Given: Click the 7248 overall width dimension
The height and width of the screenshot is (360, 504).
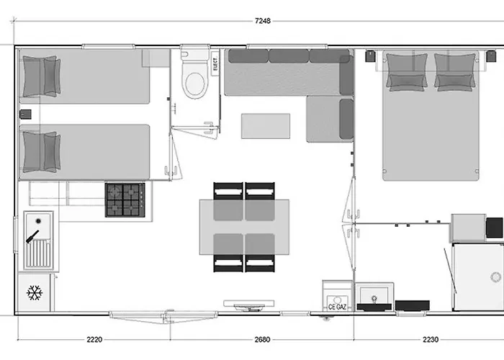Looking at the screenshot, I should tap(262, 21).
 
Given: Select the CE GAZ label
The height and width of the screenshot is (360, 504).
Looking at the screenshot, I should tap(336, 307).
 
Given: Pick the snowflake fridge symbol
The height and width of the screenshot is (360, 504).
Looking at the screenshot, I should tap(34, 293).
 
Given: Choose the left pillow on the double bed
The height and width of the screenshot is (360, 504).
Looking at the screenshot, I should tap(406, 73).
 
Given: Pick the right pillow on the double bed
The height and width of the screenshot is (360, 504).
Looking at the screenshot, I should tap(455, 73).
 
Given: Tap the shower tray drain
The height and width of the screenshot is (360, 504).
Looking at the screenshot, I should tap(496, 277).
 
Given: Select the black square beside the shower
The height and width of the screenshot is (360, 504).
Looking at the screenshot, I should tap(495, 227).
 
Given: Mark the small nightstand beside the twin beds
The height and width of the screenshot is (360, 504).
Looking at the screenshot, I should tap(24, 114).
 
